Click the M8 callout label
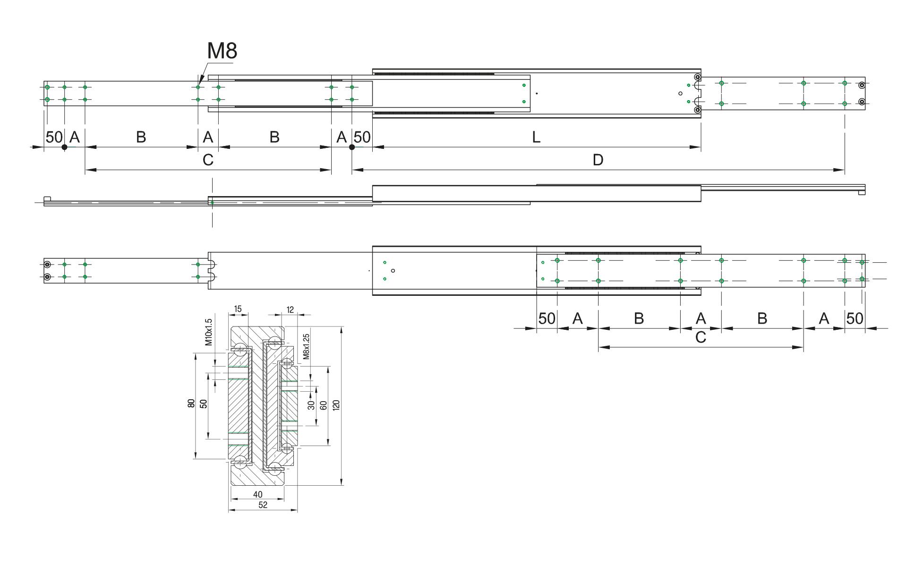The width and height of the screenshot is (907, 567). click(x=222, y=51)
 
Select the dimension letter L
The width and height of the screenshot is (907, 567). click(x=536, y=137)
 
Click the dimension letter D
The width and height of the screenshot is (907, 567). click(x=598, y=160)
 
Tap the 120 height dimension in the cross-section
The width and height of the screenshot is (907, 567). click(x=336, y=405)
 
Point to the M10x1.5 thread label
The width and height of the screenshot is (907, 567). click(x=209, y=332)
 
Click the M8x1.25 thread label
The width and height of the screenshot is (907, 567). click(x=306, y=346)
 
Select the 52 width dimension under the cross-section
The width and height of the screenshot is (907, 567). click(x=263, y=505)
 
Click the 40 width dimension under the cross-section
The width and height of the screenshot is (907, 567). click(x=257, y=495)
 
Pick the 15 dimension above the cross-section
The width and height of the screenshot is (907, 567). click(x=238, y=309)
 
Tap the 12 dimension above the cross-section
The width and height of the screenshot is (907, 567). click(x=290, y=310)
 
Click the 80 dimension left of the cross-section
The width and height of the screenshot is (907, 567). click(x=191, y=404)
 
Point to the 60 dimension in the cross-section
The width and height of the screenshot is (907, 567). click(x=324, y=405)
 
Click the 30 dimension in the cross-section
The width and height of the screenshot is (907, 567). click(x=311, y=405)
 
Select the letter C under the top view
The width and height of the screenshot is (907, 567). click(x=208, y=160)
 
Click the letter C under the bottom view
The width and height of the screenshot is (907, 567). click(x=701, y=337)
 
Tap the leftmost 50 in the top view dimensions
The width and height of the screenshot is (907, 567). click(x=54, y=137)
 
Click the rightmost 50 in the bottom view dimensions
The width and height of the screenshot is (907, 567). click(x=855, y=318)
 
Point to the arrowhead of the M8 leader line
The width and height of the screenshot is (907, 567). click(x=199, y=84)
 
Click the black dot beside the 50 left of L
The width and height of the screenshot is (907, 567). click(x=352, y=147)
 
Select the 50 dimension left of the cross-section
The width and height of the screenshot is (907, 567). click(x=204, y=404)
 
